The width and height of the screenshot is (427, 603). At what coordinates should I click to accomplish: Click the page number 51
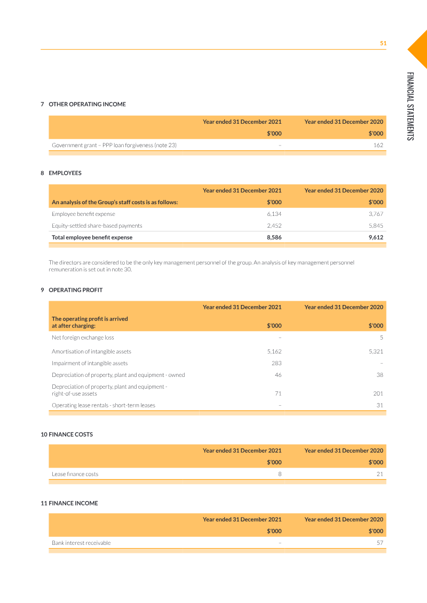[383, 43]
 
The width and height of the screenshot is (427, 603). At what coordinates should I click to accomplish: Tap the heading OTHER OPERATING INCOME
[87, 104]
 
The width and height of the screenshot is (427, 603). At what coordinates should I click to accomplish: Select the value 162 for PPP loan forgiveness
[378, 145]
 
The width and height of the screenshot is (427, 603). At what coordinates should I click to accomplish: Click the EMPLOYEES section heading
[65, 173]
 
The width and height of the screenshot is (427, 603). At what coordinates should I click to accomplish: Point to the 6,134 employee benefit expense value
[274, 214]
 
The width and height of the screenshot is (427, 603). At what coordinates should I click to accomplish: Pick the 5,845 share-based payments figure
[375, 226]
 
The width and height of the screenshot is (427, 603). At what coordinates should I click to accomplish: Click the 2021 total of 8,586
[274, 237]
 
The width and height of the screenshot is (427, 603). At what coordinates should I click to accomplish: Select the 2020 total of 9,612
[375, 237]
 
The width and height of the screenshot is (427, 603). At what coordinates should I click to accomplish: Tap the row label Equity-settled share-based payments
[97, 226]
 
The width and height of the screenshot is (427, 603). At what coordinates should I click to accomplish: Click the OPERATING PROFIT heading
[75, 290]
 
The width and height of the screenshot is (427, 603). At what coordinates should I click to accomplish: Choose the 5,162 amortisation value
[274, 351]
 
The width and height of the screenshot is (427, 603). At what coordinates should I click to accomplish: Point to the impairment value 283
[276, 363]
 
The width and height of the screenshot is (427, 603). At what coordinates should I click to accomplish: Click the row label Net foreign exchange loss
[83, 337]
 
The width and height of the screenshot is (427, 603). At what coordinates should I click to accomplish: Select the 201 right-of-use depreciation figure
[378, 393]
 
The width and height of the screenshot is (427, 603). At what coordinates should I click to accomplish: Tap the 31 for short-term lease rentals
[379, 405]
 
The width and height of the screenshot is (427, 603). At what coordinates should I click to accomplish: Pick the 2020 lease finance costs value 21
[379, 474]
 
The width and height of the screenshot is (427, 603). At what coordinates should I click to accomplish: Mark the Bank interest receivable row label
[81, 543]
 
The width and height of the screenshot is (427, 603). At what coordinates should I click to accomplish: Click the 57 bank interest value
[379, 543]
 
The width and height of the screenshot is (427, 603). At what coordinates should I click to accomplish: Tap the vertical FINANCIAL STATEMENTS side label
[410, 106]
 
